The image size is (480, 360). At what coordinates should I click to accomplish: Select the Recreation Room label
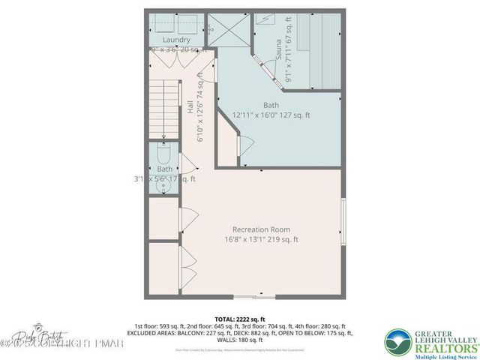pyautogui.click(x=261, y=229)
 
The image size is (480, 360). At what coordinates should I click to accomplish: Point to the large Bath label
pyautogui.click(x=271, y=105)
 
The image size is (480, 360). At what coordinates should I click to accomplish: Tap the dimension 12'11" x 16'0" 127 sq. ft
pyautogui.click(x=271, y=115)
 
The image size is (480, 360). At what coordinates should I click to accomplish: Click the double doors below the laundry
pyautogui.click(x=177, y=59)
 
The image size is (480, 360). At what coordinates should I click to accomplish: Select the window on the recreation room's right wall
pyautogui.click(x=343, y=225)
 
